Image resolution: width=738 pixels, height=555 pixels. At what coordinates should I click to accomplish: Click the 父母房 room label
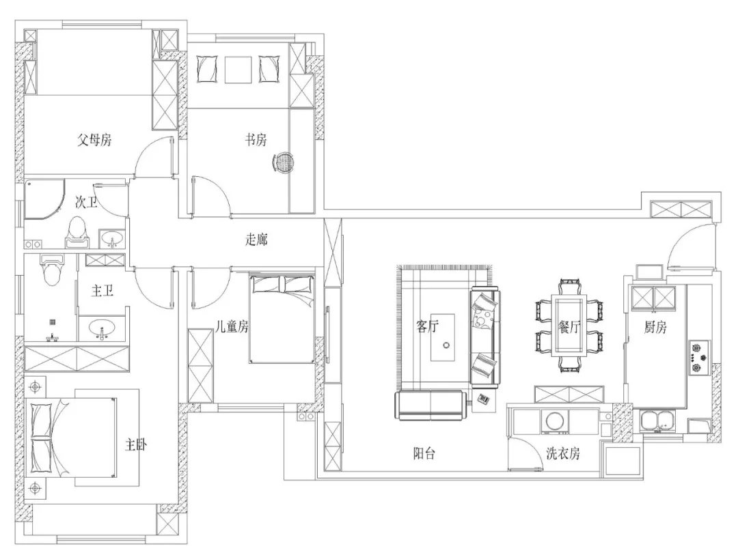coord(94,140)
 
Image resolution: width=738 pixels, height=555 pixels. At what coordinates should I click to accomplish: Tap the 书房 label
coord(256,140)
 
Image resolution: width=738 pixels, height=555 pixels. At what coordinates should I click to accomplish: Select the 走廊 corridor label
coord(256,240)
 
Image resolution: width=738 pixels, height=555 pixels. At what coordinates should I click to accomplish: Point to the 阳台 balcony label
coord(424,453)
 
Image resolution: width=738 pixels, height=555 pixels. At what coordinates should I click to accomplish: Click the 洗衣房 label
coord(563,453)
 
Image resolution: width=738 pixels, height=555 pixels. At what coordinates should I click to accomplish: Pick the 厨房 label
coord(655,327)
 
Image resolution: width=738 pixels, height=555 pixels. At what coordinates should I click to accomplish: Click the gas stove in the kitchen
coord(698,357)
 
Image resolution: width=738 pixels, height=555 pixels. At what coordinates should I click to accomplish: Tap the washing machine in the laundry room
coord(556,421)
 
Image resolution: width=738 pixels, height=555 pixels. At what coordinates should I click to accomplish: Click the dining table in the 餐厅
coord(569,326)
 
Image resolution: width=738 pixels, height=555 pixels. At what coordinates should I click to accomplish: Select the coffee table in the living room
coord(443,337)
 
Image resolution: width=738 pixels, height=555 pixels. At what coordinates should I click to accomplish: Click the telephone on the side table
coord(484,399)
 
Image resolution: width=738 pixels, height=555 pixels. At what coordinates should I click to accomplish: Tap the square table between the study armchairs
coord(239,70)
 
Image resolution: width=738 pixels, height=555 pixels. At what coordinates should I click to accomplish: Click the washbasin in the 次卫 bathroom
coord(111,238)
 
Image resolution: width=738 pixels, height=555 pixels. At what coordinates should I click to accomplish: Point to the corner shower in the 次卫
coord(44,199)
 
